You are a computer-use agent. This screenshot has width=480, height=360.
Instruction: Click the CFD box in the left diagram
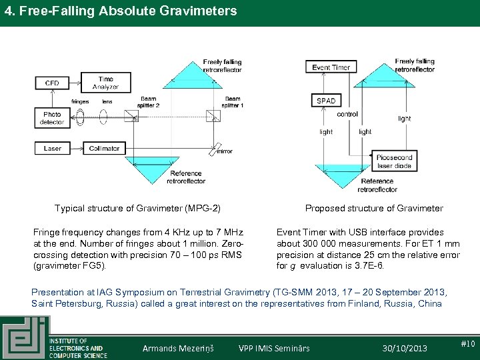point(52,83)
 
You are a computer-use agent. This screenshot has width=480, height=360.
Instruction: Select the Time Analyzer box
point(105,83)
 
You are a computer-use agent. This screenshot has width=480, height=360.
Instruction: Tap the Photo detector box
point(52,118)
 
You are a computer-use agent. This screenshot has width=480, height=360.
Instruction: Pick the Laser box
point(53,148)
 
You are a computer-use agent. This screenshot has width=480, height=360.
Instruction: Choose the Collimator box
point(104,148)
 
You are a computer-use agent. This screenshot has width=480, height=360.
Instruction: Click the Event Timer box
point(331,67)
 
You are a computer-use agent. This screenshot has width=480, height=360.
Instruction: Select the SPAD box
point(326,101)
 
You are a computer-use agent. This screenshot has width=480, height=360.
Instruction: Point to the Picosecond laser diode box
point(395,161)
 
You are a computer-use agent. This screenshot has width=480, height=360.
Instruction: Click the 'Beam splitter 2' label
point(146,102)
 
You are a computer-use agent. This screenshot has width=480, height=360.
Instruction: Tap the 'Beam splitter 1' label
point(233,102)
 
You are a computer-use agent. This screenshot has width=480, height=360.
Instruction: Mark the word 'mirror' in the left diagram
point(225,151)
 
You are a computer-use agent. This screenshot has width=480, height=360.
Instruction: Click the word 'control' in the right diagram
point(347,114)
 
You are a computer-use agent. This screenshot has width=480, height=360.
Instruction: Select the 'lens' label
point(107,101)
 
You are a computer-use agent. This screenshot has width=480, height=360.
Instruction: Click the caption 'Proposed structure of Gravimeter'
point(374,208)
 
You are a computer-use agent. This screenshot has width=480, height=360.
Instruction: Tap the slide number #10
point(467,344)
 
